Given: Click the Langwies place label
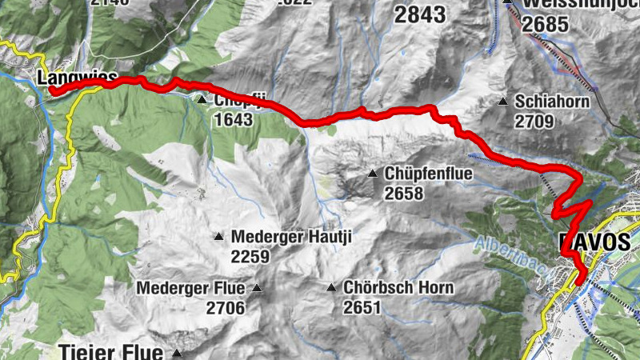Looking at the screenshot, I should [x=77, y=78].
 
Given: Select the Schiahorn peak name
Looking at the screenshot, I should [x=553, y=102].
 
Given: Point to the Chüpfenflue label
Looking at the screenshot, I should [x=429, y=174].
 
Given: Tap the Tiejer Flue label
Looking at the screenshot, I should [x=112, y=351].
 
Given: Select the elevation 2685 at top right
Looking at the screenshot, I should [x=547, y=24].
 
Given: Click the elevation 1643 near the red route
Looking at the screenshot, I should [x=234, y=120].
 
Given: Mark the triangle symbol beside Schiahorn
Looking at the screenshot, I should [x=503, y=102].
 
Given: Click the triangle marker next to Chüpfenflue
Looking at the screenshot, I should [x=372, y=174].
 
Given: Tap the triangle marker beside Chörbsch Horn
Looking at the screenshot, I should [x=331, y=287].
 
